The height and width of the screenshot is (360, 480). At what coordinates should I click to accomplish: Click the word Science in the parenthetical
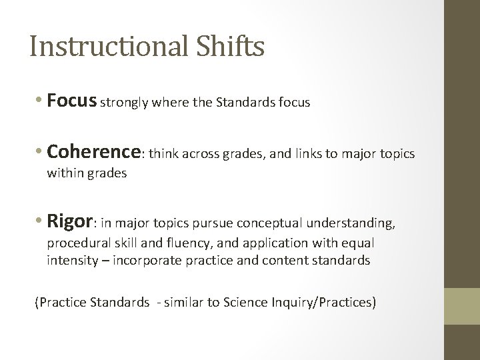[x=247, y=303]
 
